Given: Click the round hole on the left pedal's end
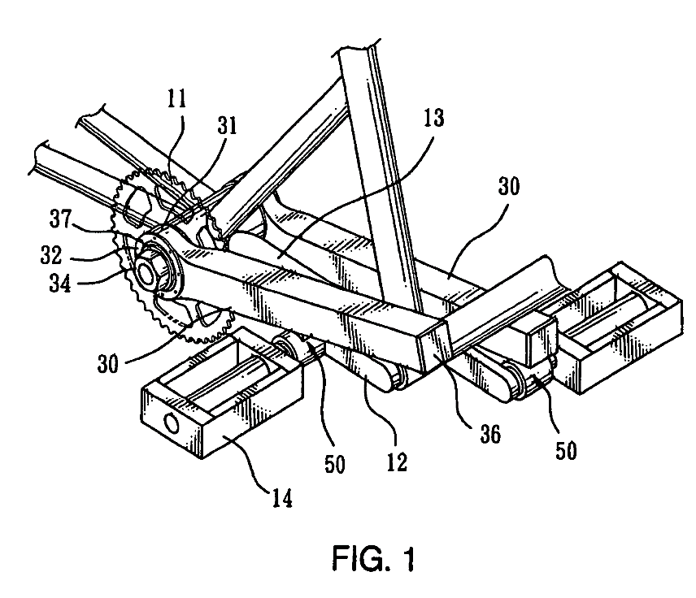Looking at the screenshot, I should pyautogui.click(x=172, y=422).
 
